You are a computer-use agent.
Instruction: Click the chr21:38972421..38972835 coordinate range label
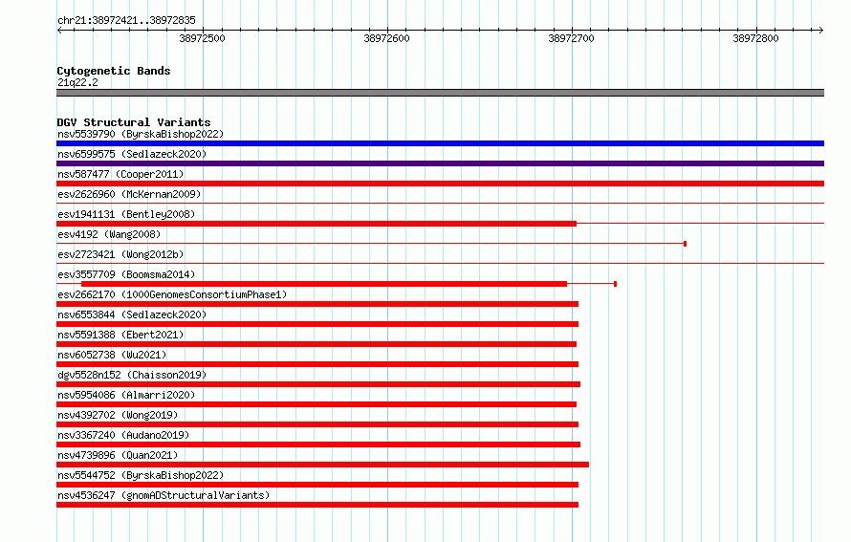point(126,20)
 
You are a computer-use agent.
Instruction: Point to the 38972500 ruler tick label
point(202,38)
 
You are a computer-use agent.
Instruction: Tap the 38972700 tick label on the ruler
point(571,38)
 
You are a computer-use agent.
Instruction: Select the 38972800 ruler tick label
point(755,38)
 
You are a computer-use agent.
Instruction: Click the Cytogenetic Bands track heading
point(114,71)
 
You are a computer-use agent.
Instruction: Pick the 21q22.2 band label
point(77,82)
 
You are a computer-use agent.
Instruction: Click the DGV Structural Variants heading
point(134,122)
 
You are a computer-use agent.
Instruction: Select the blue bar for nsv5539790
point(440,143)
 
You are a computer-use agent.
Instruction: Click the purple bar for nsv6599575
point(440,163)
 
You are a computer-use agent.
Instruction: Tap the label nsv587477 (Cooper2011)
point(120,174)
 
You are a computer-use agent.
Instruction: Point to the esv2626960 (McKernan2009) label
point(129,194)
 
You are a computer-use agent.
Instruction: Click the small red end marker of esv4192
point(685,244)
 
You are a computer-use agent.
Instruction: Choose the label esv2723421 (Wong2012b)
point(120,254)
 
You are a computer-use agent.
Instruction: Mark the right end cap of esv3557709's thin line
point(615,284)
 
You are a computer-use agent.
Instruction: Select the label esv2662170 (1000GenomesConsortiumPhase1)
point(172,294)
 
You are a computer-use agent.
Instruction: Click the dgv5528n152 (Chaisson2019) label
point(132,375)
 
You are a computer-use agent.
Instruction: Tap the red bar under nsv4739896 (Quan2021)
point(322,465)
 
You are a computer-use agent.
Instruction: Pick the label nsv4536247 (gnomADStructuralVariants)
point(164,495)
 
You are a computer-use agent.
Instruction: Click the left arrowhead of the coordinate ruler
point(58,30)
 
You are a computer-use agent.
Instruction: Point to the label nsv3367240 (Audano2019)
point(123,435)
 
